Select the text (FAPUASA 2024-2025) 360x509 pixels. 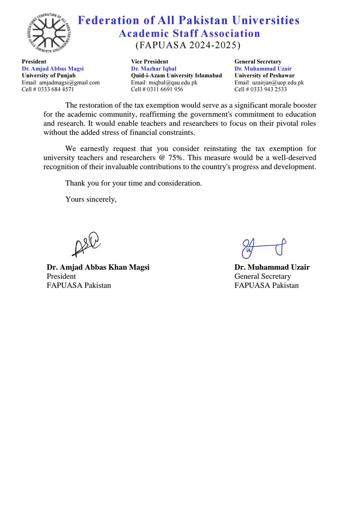coord(187,45)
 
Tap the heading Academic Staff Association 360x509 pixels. coord(189,33)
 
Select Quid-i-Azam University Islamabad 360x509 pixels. coord(176,75)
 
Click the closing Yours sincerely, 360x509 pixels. coord(91,199)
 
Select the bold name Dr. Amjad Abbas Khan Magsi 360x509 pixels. coord(98,267)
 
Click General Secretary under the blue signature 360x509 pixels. coord(262,276)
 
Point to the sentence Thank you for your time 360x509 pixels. coord(134,184)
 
